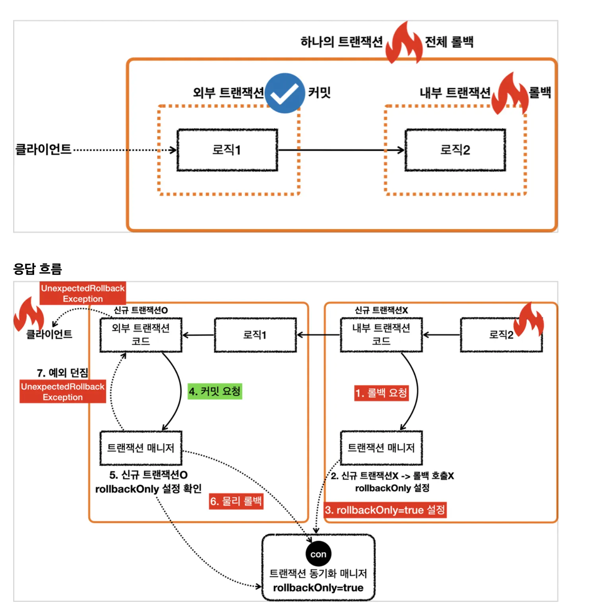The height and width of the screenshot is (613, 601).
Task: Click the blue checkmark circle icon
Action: point(285,93)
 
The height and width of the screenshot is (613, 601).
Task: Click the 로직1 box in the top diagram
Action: point(227,150)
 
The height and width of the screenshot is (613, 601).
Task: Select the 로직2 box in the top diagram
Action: point(455,150)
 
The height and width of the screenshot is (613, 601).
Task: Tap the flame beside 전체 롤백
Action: point(404,43)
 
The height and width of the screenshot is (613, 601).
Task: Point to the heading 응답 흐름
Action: point(38,269)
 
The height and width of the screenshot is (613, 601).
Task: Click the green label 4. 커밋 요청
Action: point(215,391)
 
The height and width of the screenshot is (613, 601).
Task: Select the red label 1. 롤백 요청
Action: point(381,393)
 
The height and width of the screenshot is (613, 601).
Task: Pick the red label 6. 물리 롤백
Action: point(236,501)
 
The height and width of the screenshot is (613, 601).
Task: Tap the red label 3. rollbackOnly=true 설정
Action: point(385,510)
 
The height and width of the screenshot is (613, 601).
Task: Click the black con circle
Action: point(318,554)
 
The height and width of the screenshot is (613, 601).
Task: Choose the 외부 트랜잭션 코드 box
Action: point(141,335)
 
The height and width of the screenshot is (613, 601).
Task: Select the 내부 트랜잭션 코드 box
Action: point(381,335)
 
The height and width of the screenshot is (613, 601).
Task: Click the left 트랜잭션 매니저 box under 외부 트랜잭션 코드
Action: point(141,448)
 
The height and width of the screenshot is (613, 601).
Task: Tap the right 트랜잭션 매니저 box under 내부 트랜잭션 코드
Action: point(381,448)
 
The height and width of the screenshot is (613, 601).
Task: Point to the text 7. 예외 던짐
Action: point(62,373)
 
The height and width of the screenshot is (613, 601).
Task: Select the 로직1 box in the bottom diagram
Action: point(255,335)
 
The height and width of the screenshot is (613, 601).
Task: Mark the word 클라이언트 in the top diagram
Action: point(43,150)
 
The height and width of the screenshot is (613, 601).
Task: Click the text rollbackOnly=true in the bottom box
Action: point(318,588)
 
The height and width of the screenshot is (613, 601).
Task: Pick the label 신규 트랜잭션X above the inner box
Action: point(381,310)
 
